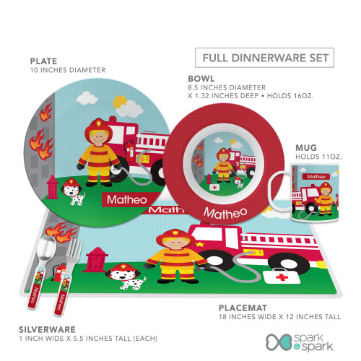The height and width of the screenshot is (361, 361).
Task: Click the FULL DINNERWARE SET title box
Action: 264,58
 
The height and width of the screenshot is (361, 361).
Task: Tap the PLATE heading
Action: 43,61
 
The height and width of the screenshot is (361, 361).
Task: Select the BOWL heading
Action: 201,79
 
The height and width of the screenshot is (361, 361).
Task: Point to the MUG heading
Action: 306,147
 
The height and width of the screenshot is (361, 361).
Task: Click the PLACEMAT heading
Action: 243,308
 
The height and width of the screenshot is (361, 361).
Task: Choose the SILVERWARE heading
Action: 47,329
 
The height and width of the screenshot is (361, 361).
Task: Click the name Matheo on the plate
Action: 127,200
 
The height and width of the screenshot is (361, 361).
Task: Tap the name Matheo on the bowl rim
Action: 225,213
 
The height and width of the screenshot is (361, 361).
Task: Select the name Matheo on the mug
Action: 316,177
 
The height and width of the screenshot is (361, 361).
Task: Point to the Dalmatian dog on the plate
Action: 72,192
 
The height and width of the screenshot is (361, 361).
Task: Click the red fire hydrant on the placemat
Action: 95,260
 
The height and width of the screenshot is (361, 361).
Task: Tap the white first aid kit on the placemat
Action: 281,276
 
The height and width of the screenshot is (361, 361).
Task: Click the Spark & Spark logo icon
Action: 279,342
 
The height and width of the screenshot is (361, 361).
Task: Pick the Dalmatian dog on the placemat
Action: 126,277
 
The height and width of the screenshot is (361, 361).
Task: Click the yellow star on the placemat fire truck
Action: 199,245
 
